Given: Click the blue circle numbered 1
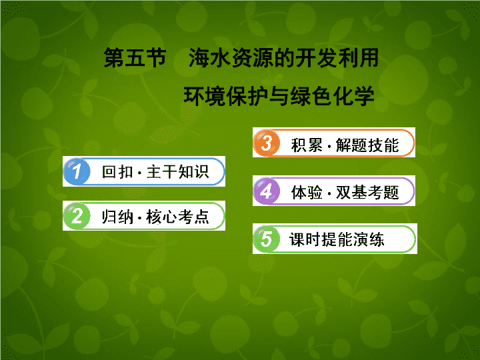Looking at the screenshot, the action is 77,171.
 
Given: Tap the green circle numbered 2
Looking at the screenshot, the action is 77,216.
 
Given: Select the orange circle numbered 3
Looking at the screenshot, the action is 266,143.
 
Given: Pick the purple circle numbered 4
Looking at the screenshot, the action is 266,191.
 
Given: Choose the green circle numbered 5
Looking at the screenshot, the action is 266,239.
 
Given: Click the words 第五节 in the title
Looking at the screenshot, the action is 135,57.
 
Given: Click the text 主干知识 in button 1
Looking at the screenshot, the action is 178,172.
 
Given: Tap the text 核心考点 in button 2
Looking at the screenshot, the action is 178,217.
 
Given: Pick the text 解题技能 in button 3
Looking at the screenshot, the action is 367,145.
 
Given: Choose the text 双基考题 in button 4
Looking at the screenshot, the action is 367,193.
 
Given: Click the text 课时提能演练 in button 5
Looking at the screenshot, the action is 337,239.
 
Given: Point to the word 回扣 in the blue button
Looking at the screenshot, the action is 117,172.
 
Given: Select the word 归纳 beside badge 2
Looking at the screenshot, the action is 117,217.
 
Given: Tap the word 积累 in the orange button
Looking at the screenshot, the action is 307,145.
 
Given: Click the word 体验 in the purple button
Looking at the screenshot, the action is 307,193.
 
